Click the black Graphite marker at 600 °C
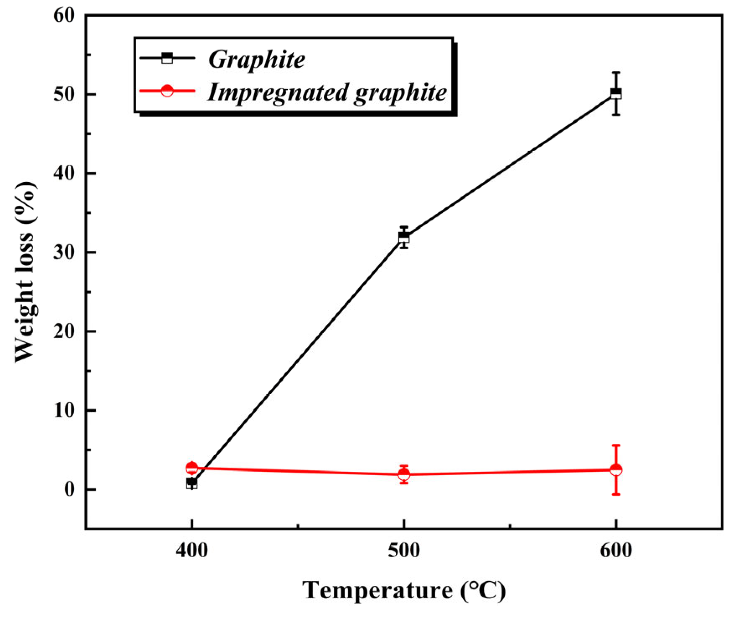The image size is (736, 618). [x=616, y=93]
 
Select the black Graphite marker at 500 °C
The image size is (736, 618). [x=404, y=238]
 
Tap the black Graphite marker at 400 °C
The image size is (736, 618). [x=192, y=483]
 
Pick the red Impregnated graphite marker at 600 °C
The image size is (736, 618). [x=616, y=470]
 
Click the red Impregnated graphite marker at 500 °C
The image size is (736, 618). [x=404, y=474]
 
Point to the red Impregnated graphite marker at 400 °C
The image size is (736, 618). [x=192, y=468]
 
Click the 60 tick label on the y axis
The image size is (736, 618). [x=64, y=16]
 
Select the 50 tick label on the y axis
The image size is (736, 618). [x=64, y=95]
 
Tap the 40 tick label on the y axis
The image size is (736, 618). [x=64, y=173]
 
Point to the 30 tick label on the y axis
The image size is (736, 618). [x=64, y=253]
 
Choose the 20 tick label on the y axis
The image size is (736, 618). [x=64, y=331]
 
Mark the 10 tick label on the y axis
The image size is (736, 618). [x=64, y=411]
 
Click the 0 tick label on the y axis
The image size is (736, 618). [x=69, y=489]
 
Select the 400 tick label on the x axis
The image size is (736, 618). [x=192, y=550]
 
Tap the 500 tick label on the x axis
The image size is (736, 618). [x=404, y=550]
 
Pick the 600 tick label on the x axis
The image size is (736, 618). [x=616, y=550]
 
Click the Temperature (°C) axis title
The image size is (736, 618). [x=404, y=590]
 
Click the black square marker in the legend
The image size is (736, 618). [x=167, y=58]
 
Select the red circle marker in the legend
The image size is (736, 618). [x=167, y=91]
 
